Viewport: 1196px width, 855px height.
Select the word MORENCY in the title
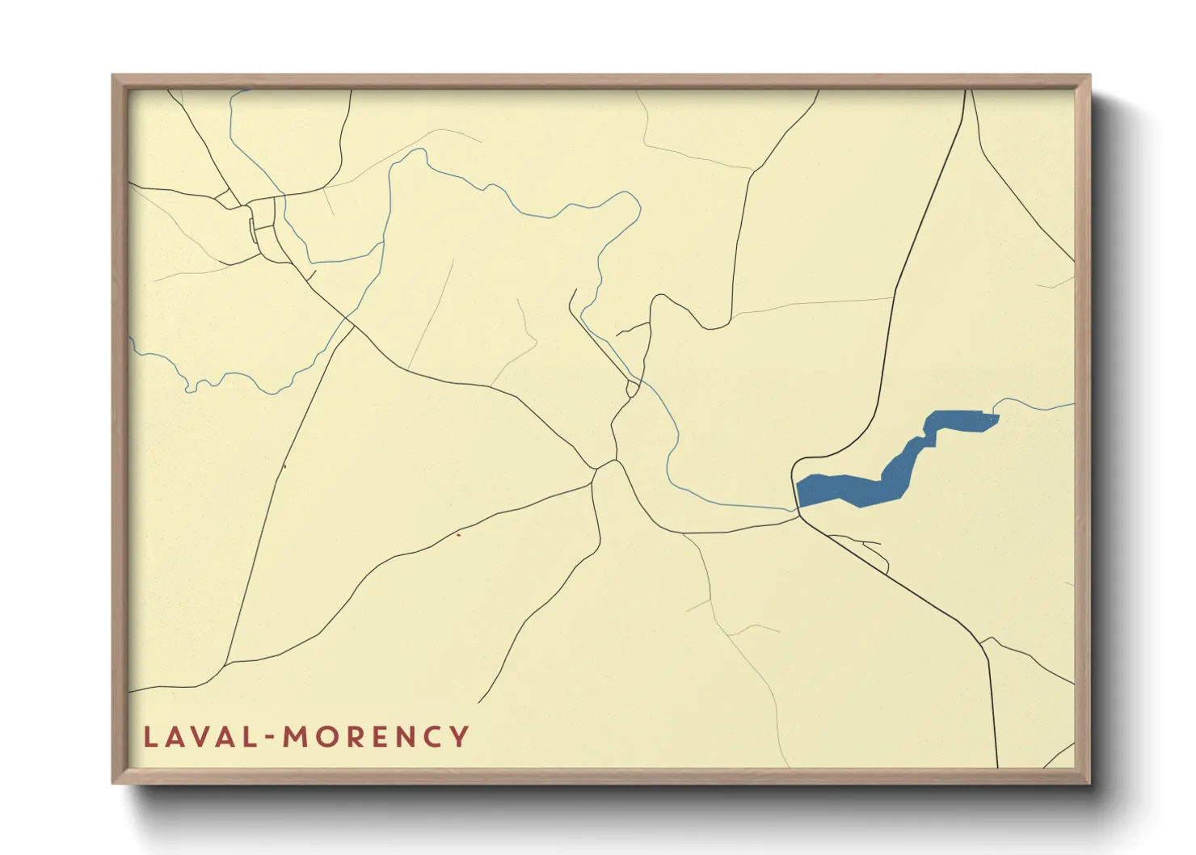coord(376,737)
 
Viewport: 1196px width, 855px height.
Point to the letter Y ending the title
coord(460,737)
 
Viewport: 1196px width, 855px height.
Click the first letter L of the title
coord(149,737)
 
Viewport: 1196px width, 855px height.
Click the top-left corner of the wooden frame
coord(115,78)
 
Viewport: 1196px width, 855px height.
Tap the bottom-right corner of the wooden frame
coord(1088,781)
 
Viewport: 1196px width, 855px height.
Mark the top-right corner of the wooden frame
coord(1088,78)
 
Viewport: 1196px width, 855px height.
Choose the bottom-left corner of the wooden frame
coord(115,781)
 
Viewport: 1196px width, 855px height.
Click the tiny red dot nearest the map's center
coord(458,534)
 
